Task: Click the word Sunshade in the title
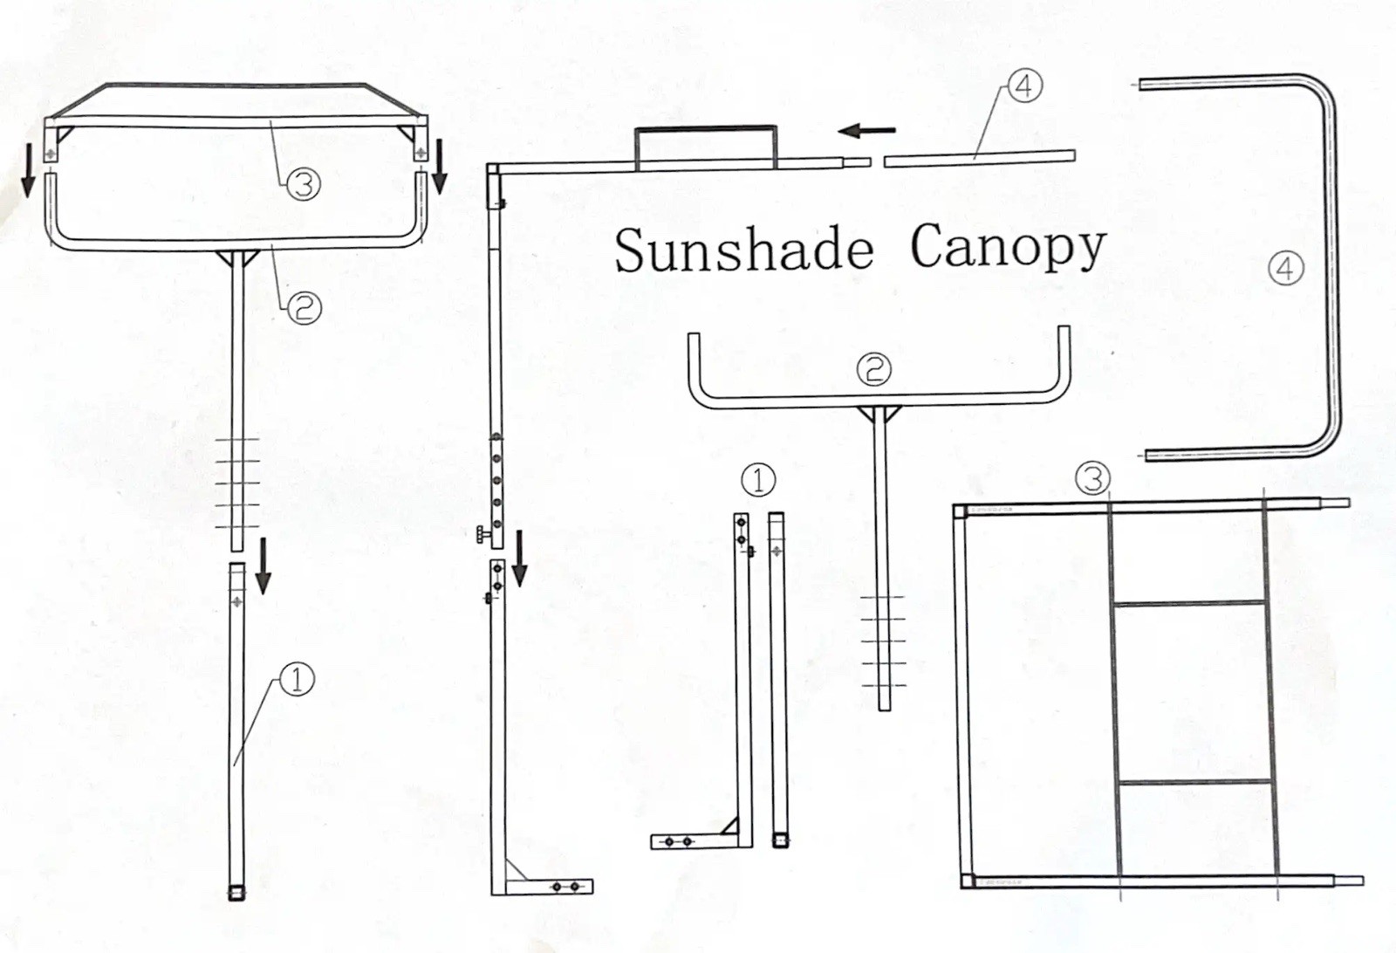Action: (x=743, y=250)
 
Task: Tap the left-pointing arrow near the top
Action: (x=866, y=131)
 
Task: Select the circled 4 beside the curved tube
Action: (x=1285, y=268)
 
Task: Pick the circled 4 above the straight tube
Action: (x=1024, y=86)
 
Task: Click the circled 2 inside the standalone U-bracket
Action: (x=873, y=369)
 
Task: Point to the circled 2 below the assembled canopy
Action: (x=304, y=306)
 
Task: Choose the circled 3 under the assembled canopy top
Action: (x=304, y=183)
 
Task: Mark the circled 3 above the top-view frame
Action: (x=1092, y=477)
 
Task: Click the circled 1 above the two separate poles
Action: (x=757, y=479)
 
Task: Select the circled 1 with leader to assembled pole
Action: (x=297, y=678)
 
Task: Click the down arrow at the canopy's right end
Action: (x=439, y=166)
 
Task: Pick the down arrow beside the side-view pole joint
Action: (x=520, y=559)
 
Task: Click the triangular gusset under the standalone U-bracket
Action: (x=879, y=414)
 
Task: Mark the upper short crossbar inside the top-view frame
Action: (x=1191, y=602)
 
